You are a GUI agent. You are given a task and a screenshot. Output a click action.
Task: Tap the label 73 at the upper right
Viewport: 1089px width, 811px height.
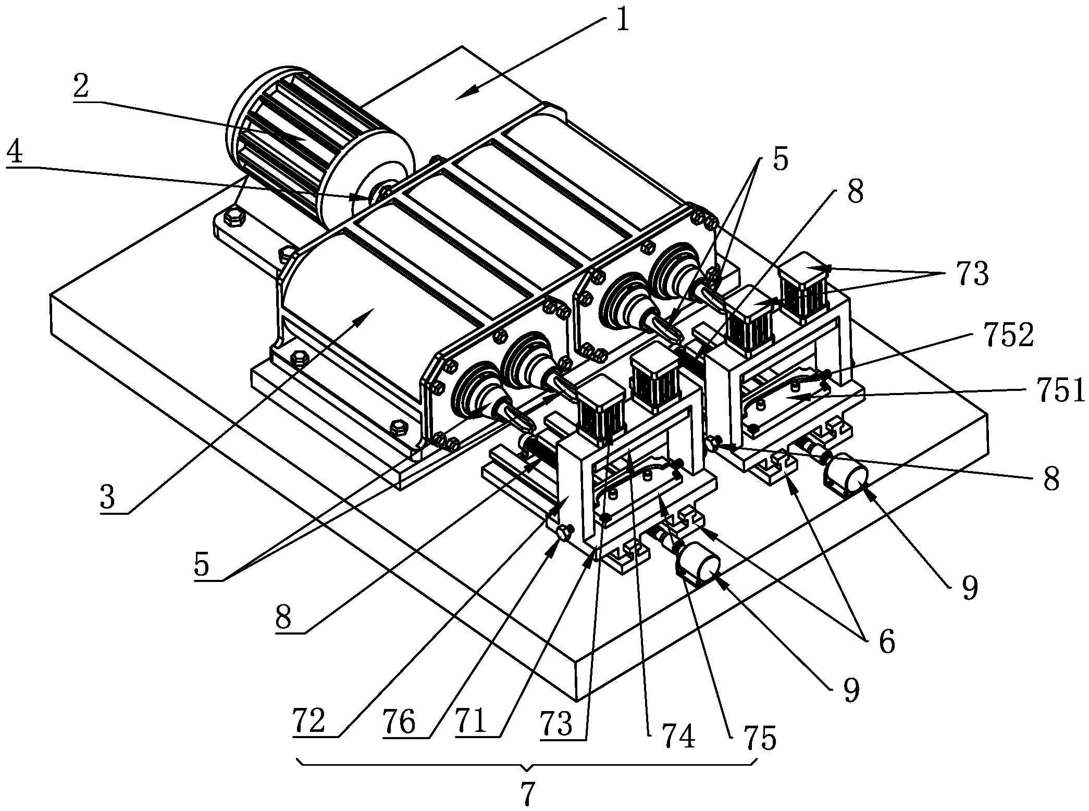(x=972, y=274)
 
